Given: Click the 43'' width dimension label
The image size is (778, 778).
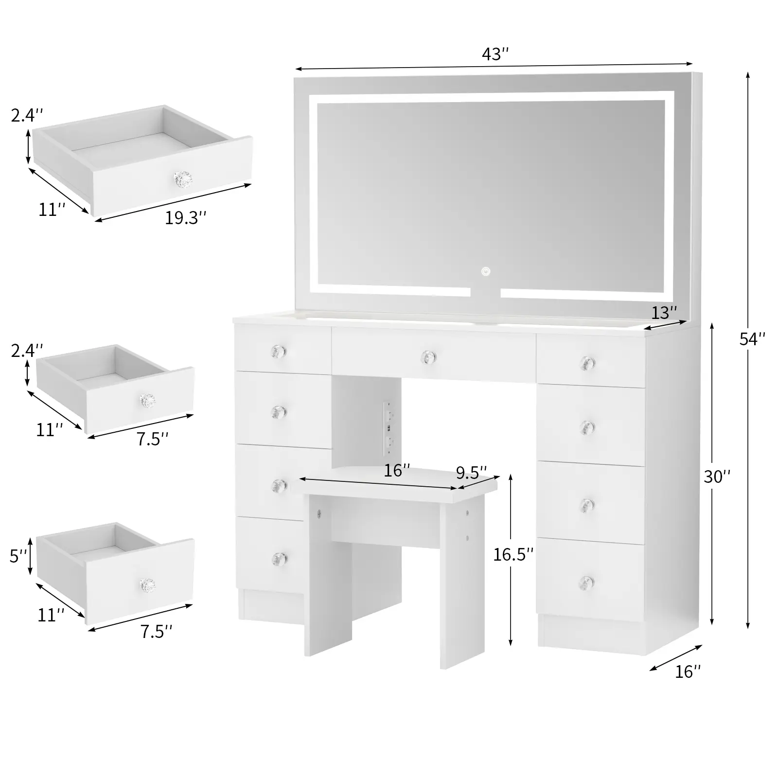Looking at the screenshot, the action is (495, 54).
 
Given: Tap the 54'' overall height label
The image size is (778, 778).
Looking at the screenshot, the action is (752, 339).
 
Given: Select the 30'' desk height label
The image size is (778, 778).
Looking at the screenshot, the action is (717, 477).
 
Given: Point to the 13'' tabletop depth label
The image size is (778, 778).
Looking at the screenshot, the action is (664, 312).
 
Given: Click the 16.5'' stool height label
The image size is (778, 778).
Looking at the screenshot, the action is (513, 554).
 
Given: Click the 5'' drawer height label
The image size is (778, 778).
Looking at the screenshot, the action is (18, 556).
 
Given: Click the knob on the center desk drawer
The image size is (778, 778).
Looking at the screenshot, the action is (428, 357).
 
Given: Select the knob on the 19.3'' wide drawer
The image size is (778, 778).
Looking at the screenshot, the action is (183, 178).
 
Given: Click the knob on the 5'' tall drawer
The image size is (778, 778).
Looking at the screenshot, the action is (147, 585).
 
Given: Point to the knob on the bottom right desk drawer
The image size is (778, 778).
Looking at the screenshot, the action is (587, 581).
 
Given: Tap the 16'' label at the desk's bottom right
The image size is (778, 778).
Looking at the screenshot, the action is (688, 672).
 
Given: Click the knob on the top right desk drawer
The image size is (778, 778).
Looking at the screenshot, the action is (587, 363).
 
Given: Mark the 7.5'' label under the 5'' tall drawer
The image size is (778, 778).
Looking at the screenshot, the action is (156, 632).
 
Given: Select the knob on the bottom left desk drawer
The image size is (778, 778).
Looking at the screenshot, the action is (279, 558).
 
